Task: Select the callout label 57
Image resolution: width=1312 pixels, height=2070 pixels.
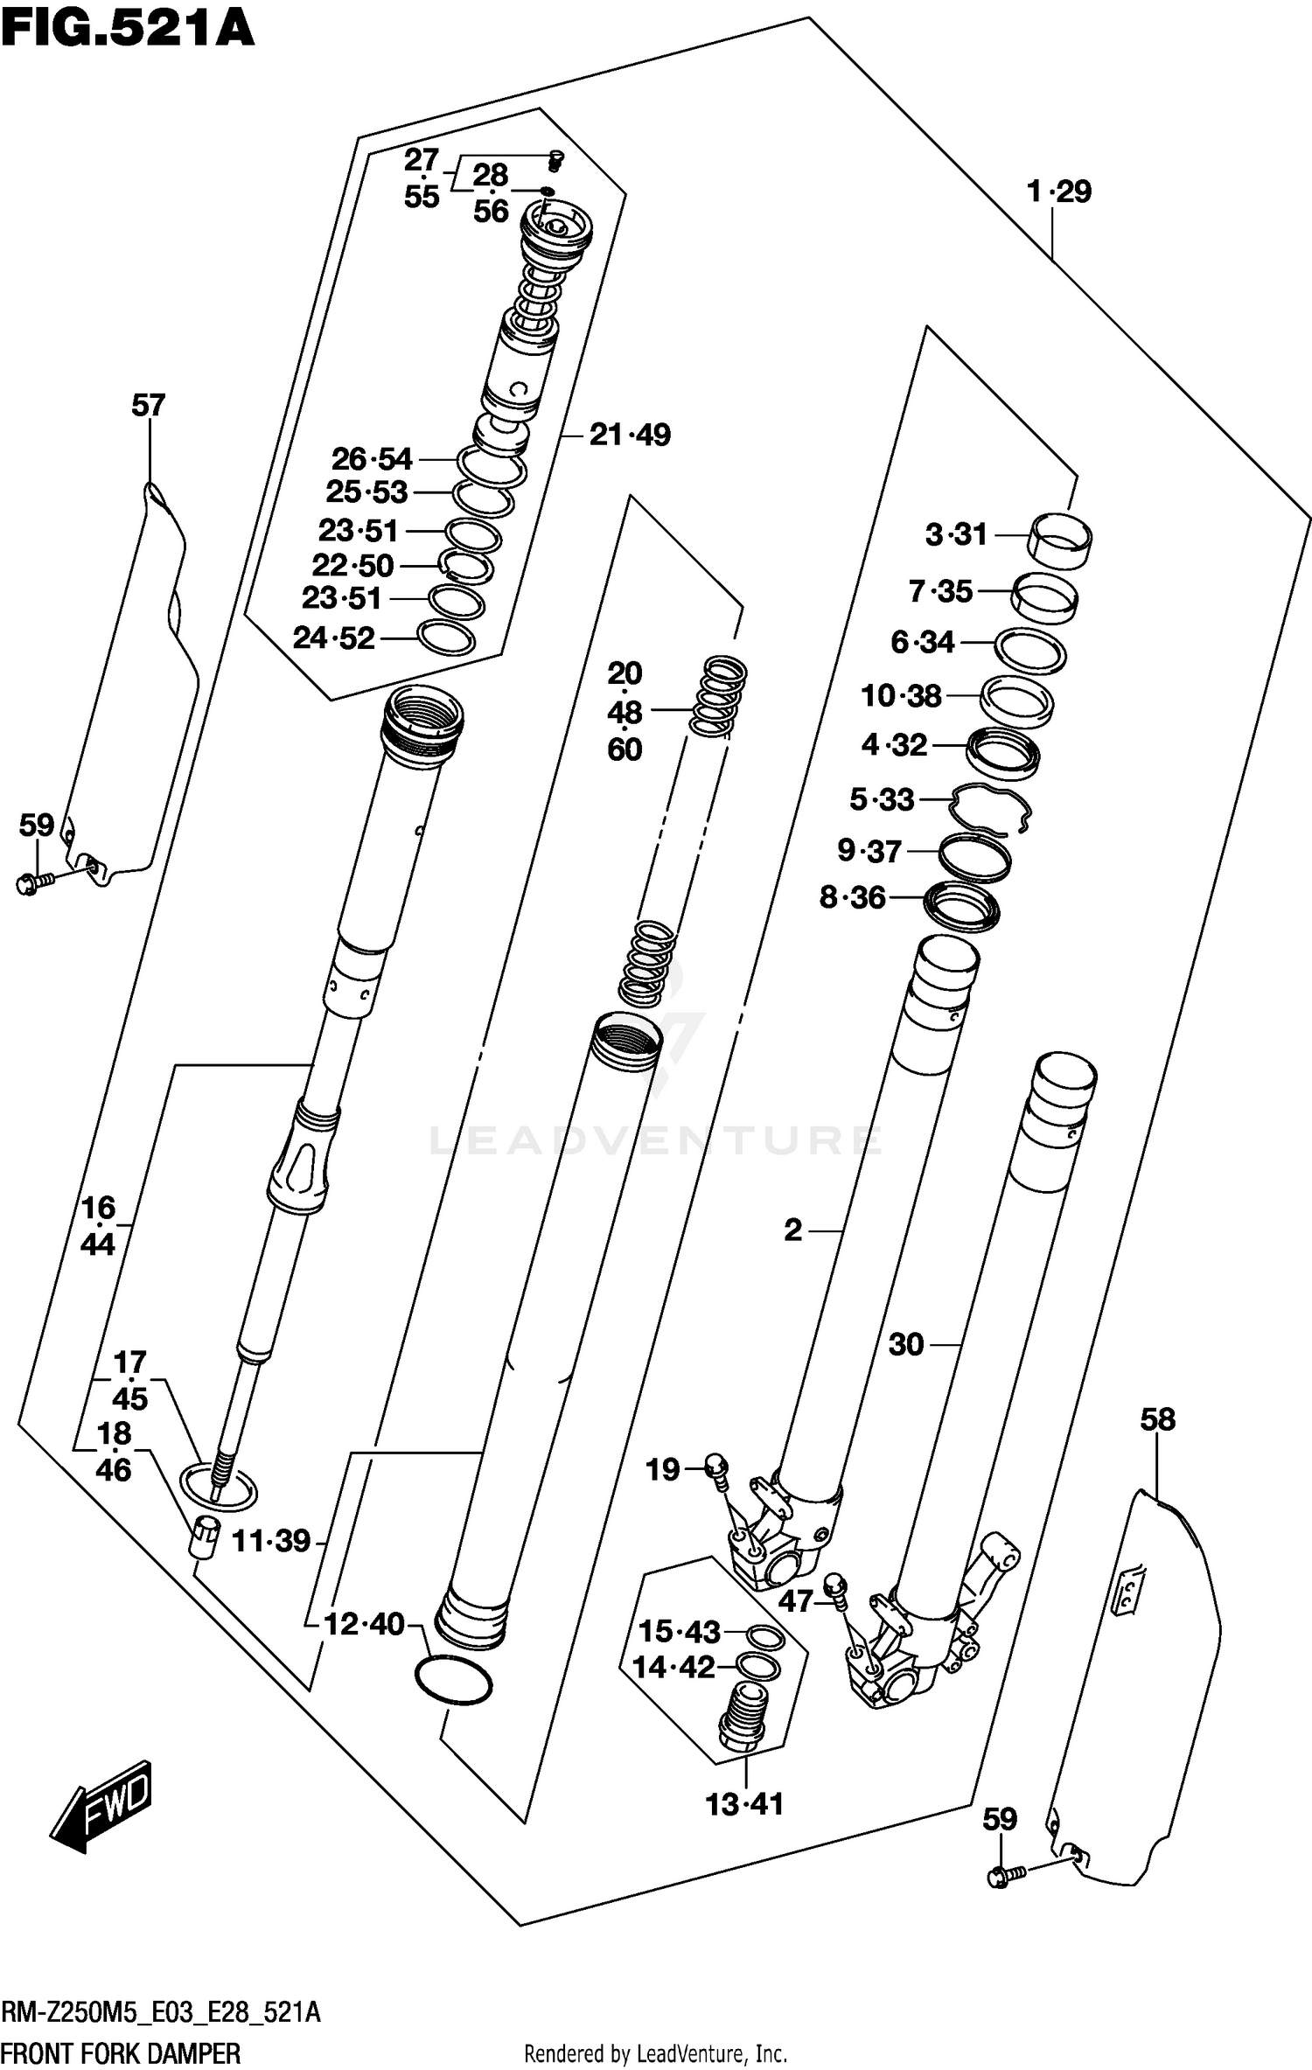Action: pyautogui.click(x=148, y=405)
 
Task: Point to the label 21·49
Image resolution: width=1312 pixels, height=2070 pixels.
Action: pyautogui.click(x=629, y=435)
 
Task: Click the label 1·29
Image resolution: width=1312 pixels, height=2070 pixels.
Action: pyautogui.click(x=1059, y=192)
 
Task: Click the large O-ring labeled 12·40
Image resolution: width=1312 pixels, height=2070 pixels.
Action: pyautogui.click(x=451, y=1680)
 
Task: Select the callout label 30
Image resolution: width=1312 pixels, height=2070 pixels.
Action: pyautogui.click(x=905, y=1344)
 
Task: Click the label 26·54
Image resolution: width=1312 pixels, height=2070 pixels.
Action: pyautogui.click(x=371, y=459)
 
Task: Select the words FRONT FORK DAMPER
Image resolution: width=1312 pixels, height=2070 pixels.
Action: pyautogui.click(x=121, y=2052)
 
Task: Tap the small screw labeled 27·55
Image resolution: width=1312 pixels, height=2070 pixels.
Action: pyautogui.click(x=555, y=160)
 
